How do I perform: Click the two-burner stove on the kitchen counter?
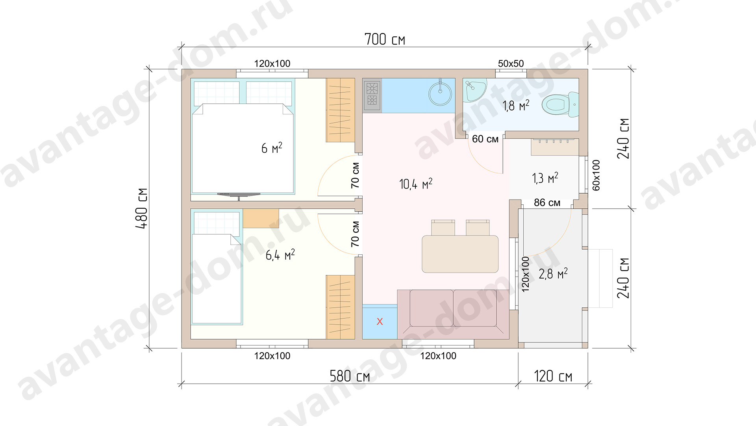coord(372,95)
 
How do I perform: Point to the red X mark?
coord(380,321)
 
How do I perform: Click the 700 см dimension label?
coord(385,39)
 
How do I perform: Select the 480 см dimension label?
coord(142,208)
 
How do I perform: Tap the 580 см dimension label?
coord(350,376)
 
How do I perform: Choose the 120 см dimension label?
coord(553,376)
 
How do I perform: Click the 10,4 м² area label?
coord(416,184)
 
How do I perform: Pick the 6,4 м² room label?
coord(280,255)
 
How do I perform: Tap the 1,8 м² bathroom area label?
coord(516,106)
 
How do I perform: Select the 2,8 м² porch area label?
coord(553,273)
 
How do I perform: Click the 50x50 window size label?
coord(511,64)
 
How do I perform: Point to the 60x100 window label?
coord(597,175)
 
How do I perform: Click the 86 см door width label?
coord(547,203)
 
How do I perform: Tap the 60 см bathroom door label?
coord(485,139)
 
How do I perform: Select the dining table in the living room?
coord(460,254)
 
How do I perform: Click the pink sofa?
coord(453,314)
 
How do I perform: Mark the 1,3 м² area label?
coord(545,178)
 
